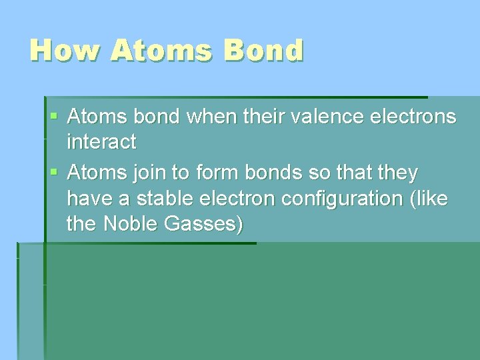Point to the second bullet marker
[x=54, y=173]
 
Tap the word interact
[x=101, y=142]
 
